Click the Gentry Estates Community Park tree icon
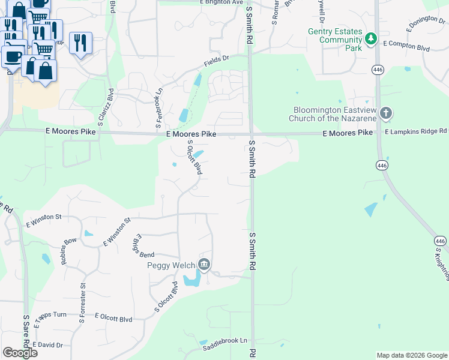point(372,39)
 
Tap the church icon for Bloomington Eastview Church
point(386,113)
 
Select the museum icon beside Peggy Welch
point(204,265)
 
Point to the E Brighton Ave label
point(221,2)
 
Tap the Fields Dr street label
point(217,59)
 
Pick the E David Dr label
point(47,345)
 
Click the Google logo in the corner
point(20,353)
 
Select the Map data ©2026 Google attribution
point(412,355)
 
